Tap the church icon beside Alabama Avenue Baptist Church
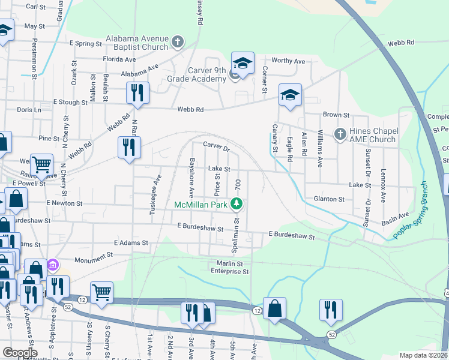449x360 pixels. click(177, 41)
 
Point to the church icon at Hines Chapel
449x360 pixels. click(340, 134)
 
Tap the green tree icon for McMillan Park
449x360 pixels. click(237, 204)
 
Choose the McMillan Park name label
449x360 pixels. click(201, 205)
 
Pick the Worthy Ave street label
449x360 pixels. click(288, 61)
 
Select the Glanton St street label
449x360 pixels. click(329, 199)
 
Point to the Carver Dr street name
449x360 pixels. click(216, 146)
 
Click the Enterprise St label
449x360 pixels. click(229, 272)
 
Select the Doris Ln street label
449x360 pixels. click(29, 110)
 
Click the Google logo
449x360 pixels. click(19, 353)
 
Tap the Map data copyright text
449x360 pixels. click(424, 355)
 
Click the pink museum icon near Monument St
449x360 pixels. click(53, 265)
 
